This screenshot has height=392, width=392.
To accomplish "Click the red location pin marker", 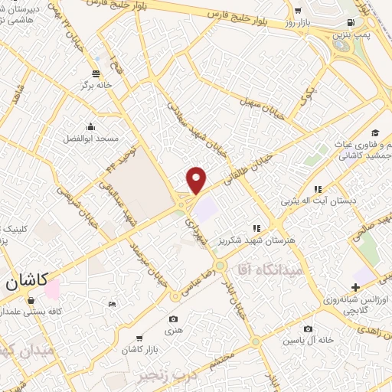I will click(197, 179).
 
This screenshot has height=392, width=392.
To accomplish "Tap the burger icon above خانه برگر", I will click(95, 73).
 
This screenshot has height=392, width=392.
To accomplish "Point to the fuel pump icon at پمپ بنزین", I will click(351, 22).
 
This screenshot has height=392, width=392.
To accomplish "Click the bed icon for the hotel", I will click(113, 305).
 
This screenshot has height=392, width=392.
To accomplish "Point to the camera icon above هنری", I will click(174, 318).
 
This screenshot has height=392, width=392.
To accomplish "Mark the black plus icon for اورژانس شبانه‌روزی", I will click(354, 286).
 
